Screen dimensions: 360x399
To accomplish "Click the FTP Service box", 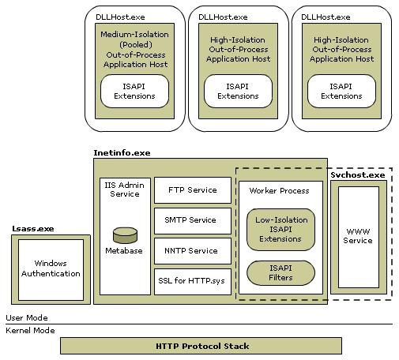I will [x=193, y=190].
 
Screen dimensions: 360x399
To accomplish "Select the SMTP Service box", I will [x=193, y=220].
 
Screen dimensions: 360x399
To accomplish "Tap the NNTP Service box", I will [x=193, y=250].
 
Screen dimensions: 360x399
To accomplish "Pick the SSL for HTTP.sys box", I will [x=193, y=281].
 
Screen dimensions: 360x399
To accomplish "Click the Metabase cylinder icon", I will [x=123, y=235].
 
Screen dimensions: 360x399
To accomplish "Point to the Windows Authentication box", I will [x=51, y=269].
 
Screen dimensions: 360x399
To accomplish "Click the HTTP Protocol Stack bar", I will [x=201, y=346].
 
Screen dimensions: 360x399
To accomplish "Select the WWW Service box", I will [x=358, y=236].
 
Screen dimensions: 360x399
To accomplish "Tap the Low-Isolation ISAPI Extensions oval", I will [x=280, y=228].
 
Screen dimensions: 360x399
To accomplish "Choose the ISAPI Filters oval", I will [x=280, y=273].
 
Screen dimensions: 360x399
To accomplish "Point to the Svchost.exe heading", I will [x=357, y=174].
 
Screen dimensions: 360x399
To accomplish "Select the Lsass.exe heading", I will [x=31, y=228].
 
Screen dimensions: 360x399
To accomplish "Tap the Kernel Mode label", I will [x=31, y=330].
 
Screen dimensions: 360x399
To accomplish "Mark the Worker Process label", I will [x=280, y=191].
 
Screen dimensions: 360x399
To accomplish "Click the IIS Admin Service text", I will [x=123, y=189].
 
